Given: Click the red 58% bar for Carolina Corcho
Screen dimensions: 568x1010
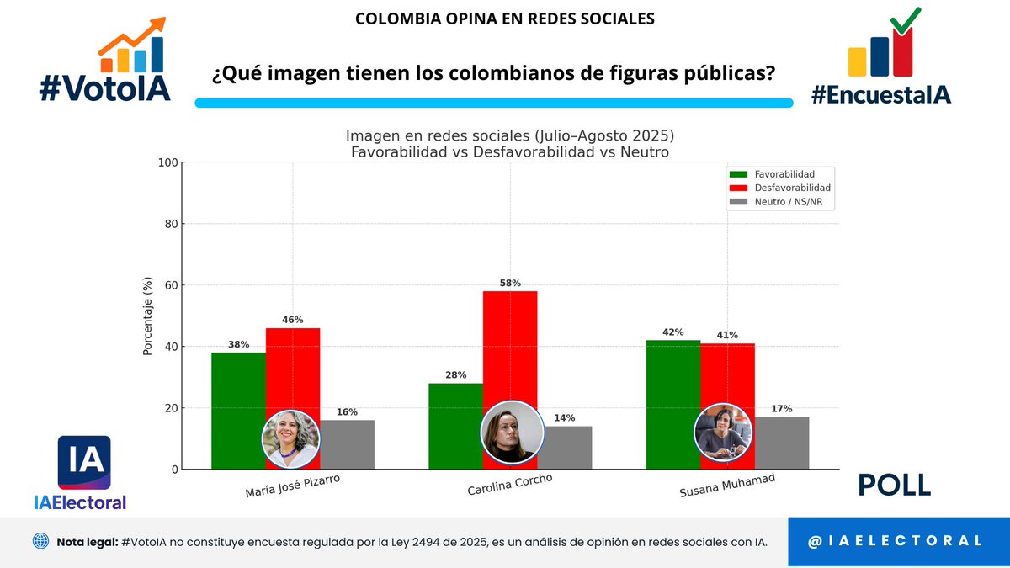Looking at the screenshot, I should click(510, 345).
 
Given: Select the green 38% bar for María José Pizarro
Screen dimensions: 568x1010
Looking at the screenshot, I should click(238, 395).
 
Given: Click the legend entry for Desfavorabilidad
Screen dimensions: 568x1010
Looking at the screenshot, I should click(780, 188).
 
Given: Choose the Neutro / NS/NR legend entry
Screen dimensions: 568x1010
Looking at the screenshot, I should click(780, 202).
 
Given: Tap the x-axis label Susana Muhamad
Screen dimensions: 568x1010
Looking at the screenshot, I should click(727, 486).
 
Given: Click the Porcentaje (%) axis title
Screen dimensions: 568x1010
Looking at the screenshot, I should click(148, 316).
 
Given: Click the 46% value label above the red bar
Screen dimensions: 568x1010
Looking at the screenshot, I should click(293, 321).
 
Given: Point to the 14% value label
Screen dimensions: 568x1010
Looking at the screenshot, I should click(564, 418).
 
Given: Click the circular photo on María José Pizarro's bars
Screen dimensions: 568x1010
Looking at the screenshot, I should click(290, 439).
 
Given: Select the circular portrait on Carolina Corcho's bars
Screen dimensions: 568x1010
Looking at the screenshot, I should click(512, 431).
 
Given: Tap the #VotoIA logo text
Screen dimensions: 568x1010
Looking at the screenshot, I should click(105, 87).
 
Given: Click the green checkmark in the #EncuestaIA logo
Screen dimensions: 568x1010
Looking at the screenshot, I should click(906, 20).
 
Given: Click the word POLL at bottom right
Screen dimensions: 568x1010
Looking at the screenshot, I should click(894, 485).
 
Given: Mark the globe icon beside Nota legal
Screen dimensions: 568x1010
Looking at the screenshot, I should click(40, 541).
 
